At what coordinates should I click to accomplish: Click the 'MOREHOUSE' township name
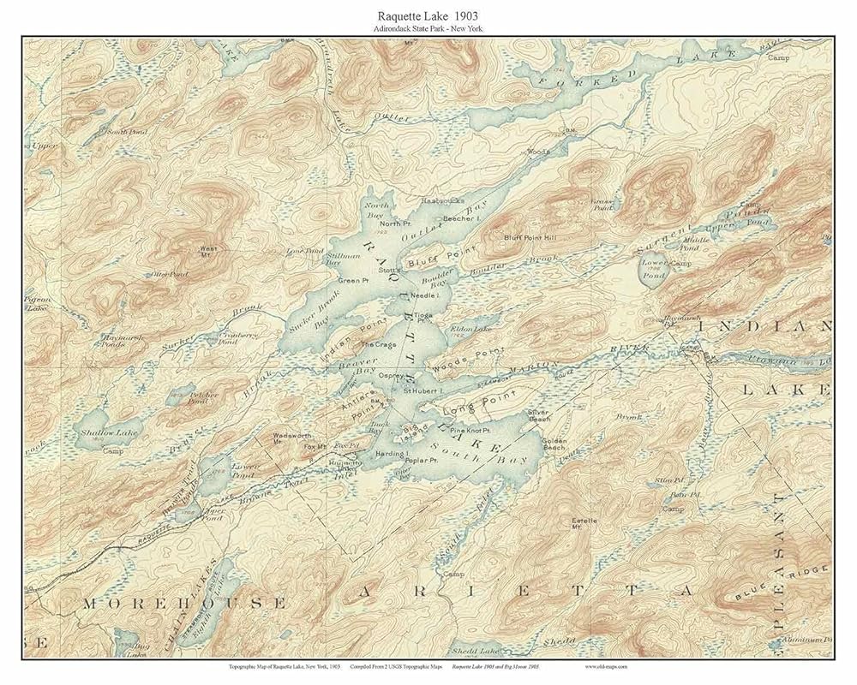click(x=183, y=604)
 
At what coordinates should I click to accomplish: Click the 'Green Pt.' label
click(x=352, y=280)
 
